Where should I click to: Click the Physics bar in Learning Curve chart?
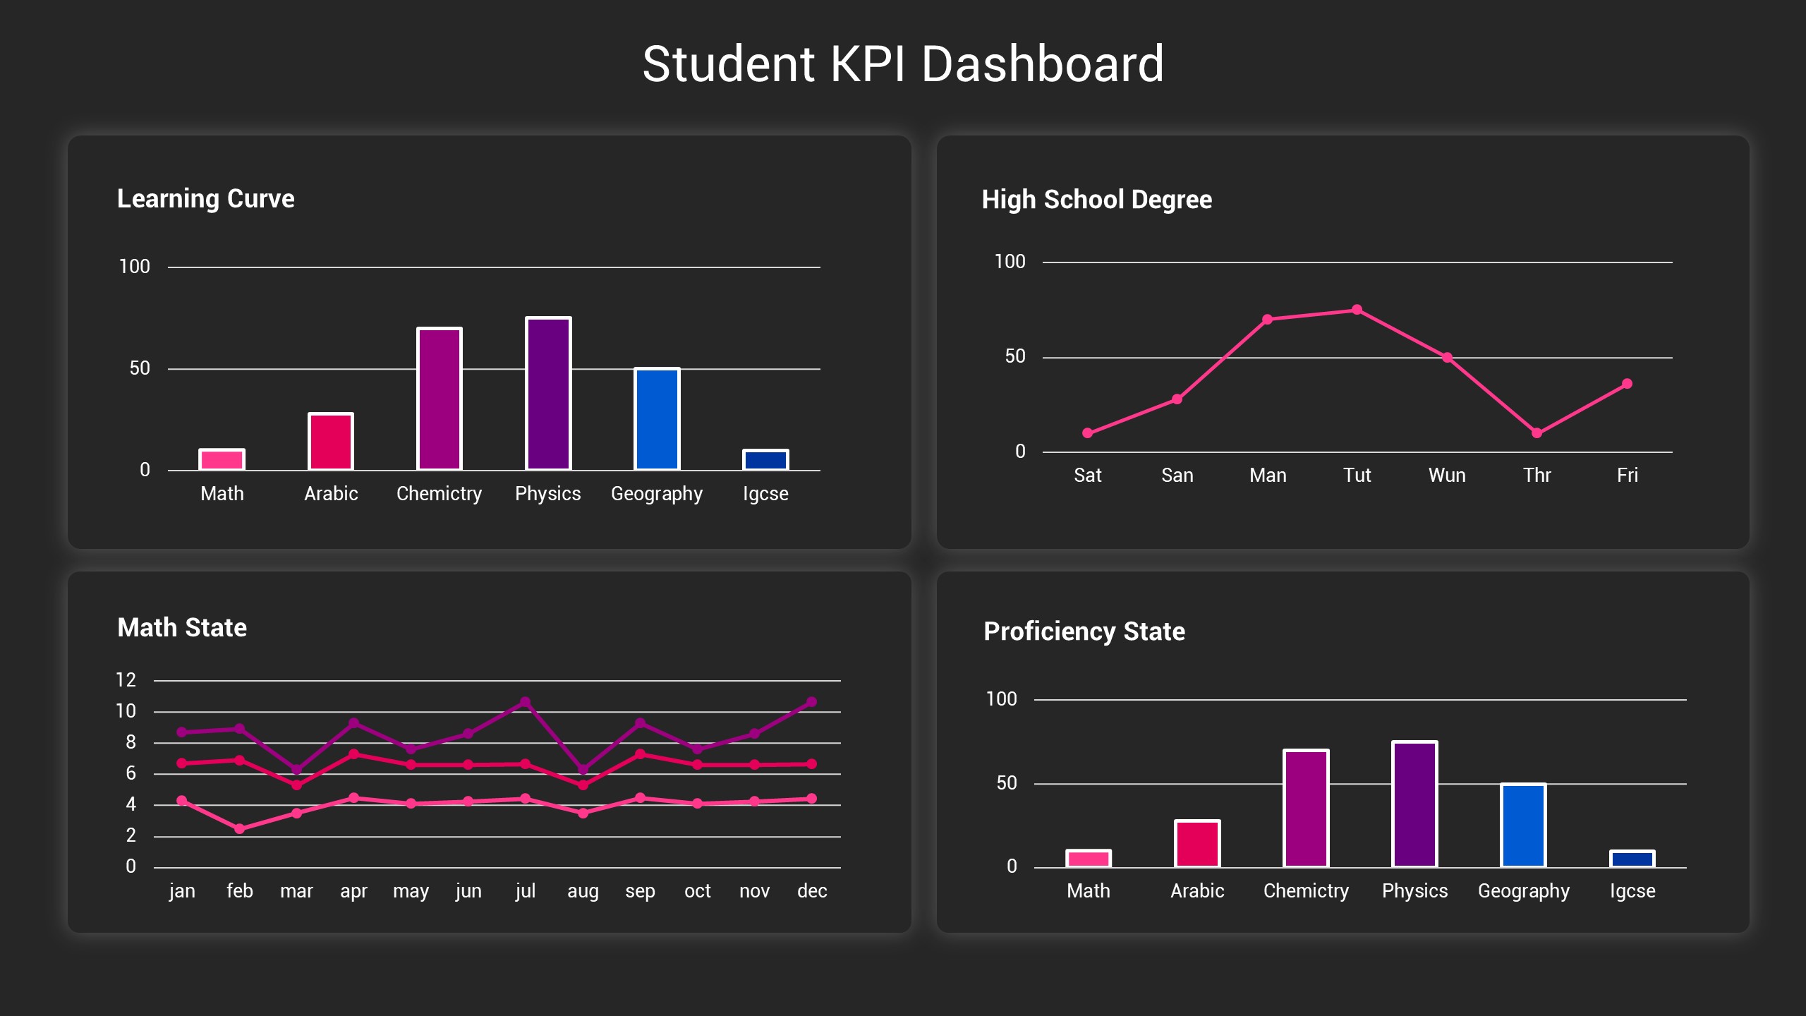[x=548, y=394]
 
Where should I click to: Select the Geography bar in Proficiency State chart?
[x=1523, y=825]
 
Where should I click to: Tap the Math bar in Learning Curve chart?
[x=222, y=459]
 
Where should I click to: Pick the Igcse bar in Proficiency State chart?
[x=1632, y=859]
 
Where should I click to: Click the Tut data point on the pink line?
[x=1357, y=310]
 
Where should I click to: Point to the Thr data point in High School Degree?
[x=1537, y=433]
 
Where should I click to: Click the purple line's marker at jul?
[x=525, y=702]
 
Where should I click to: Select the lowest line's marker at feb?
[x=239, y=829]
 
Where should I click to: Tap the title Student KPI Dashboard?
[x=902, y=64]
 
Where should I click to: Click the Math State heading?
[x=182, y=627]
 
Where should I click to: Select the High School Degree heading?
[x=1096, y=200]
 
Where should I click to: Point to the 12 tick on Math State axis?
[x=126, y=680]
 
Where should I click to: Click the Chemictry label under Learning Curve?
[x=439, y=493]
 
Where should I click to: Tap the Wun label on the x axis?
[x=1447, y=475]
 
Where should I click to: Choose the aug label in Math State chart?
[x=583, y=890]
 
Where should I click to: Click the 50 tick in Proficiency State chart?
[x=1006, y=783]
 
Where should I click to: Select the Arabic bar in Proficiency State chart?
[x=1197, y=844]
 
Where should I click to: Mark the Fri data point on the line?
[x=1627, y=384]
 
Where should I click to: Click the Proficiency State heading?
[x=1084, y=631]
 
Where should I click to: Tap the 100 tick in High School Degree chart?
[x=1009, y=262]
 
